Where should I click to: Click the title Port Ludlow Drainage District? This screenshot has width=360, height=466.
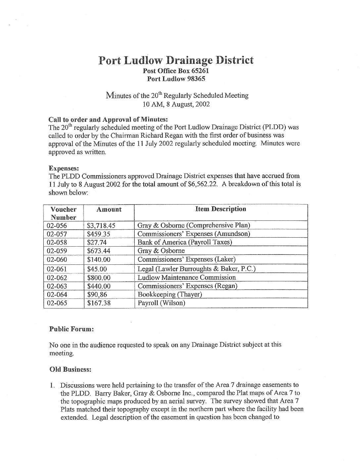(176, 60)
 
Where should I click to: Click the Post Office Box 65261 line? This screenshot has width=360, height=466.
(176, 70)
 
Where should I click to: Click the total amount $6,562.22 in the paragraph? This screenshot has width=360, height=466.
(202, 184)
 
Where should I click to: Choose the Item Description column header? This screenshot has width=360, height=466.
(221, 209)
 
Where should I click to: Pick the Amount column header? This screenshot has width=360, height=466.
(109, 210)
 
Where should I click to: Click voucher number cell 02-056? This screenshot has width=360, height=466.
(57, 226)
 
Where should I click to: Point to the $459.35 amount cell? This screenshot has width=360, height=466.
(99, 234)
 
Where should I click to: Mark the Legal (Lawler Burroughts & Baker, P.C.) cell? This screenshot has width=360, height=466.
(197, 269)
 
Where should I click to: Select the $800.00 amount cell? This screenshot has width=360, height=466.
(99, 278)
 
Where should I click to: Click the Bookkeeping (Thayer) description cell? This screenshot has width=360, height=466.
(170, 294)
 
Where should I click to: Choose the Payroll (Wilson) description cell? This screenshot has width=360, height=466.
(161, 303)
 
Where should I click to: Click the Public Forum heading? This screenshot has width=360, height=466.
(71, 329)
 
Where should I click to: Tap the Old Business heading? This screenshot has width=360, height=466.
(70, 369)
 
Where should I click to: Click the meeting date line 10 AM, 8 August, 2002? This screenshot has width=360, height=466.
(176, 104)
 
